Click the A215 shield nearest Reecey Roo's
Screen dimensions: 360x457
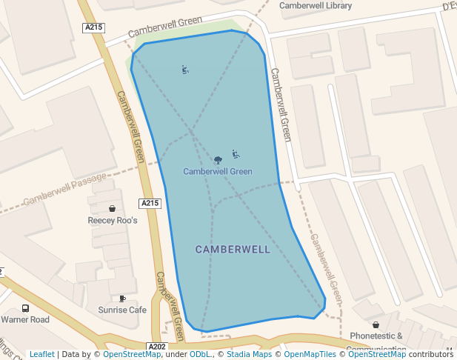coord(150,203)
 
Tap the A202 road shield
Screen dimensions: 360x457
coord(157,347)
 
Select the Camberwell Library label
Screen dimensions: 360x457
coord(315,6)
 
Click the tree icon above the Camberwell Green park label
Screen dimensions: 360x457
coord(218,159)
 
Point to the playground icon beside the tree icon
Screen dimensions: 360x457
coord(236,155)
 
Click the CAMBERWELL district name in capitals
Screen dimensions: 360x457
coord(233,250)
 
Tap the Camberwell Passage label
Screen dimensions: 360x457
coord(65,191)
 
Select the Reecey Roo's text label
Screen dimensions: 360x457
coord(113,221)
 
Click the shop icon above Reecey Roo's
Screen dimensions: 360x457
coord(112,209)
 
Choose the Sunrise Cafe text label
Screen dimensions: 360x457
coord(122,310)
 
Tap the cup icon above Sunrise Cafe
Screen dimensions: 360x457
coord(122,298)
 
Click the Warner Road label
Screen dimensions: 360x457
coord(25,320)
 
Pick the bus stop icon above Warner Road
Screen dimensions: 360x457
coord(25,308)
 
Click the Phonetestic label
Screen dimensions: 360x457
coord(376,336)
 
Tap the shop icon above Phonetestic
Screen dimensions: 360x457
coord(376,324)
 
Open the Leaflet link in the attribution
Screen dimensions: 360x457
coord(41,354)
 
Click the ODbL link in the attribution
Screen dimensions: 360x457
coord(200,354)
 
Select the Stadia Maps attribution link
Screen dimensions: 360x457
coord(249,354)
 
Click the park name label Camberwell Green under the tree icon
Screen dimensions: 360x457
coord(218,172)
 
